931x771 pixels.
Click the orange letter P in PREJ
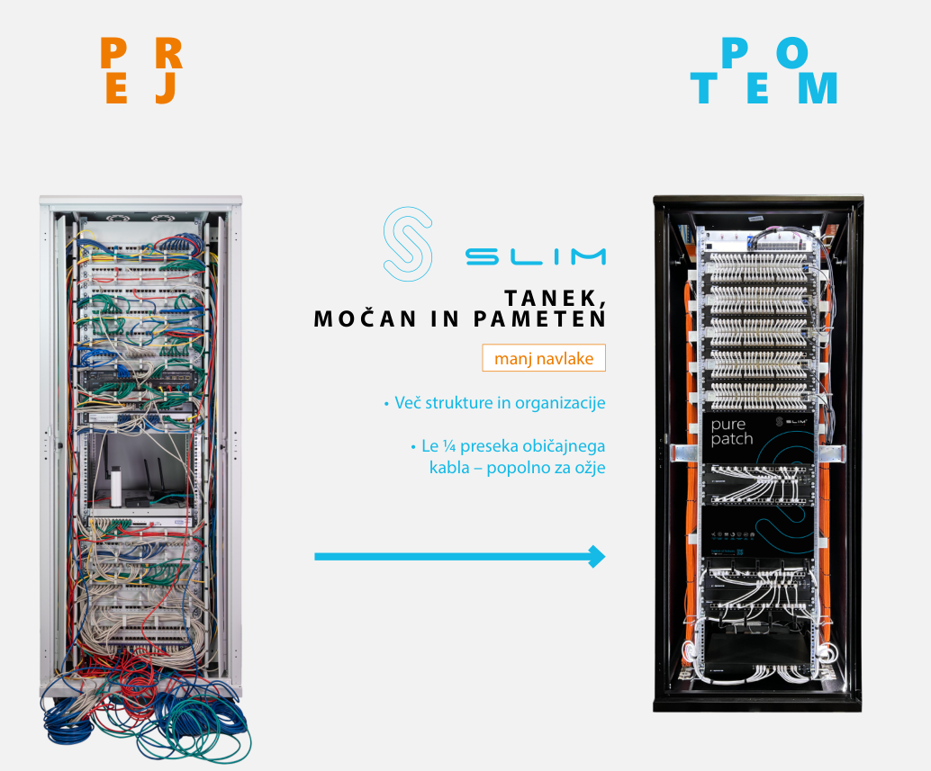tap(113, 53)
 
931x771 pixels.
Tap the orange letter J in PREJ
tap(167, 88)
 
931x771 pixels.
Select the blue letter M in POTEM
tap(818, 88)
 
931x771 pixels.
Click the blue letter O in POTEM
tap(792, 52)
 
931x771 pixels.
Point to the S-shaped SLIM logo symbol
tap(407, 243)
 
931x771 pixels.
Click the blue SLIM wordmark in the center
tap(536, 256)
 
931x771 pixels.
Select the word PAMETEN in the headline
tap(539, 319)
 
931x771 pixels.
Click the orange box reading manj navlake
tap(544, 358)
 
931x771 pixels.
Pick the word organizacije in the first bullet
tap(560, 403)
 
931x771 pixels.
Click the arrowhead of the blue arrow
tap(597, 556)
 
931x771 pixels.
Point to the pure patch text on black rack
tap(731, 432)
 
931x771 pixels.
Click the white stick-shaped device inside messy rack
tap(116, 487)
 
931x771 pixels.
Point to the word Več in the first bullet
tap(408, 403)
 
